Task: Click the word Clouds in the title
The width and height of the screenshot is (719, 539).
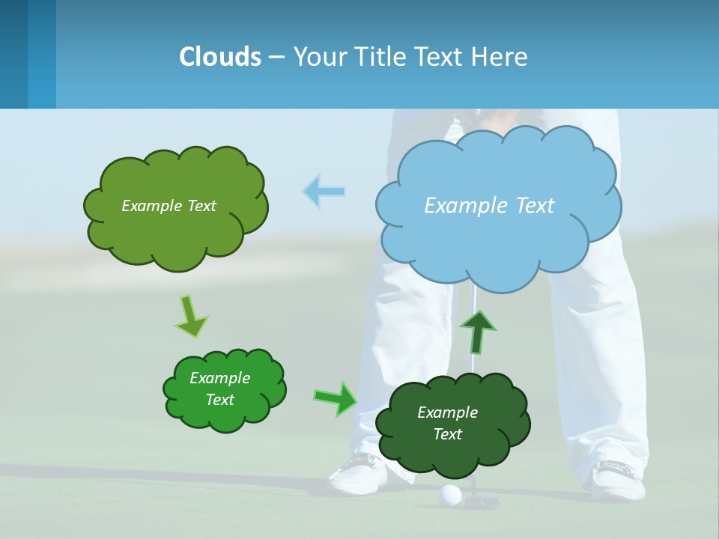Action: pos(220,57)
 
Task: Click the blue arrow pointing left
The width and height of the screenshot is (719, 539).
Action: pos(324,191)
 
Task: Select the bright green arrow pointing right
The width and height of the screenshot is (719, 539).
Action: pos(336,398)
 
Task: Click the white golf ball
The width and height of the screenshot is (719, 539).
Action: pos(450,495)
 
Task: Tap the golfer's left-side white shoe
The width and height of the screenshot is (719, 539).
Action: pos(359,472)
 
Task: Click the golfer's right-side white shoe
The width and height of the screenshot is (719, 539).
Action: pos(619,479)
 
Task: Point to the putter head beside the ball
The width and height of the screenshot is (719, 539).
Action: pos(483,500)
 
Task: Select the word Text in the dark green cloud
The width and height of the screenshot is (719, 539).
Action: pos(447,434)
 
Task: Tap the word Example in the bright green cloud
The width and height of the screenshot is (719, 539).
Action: pos(219,378)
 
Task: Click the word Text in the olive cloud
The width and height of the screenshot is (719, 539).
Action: pos(201,206)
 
